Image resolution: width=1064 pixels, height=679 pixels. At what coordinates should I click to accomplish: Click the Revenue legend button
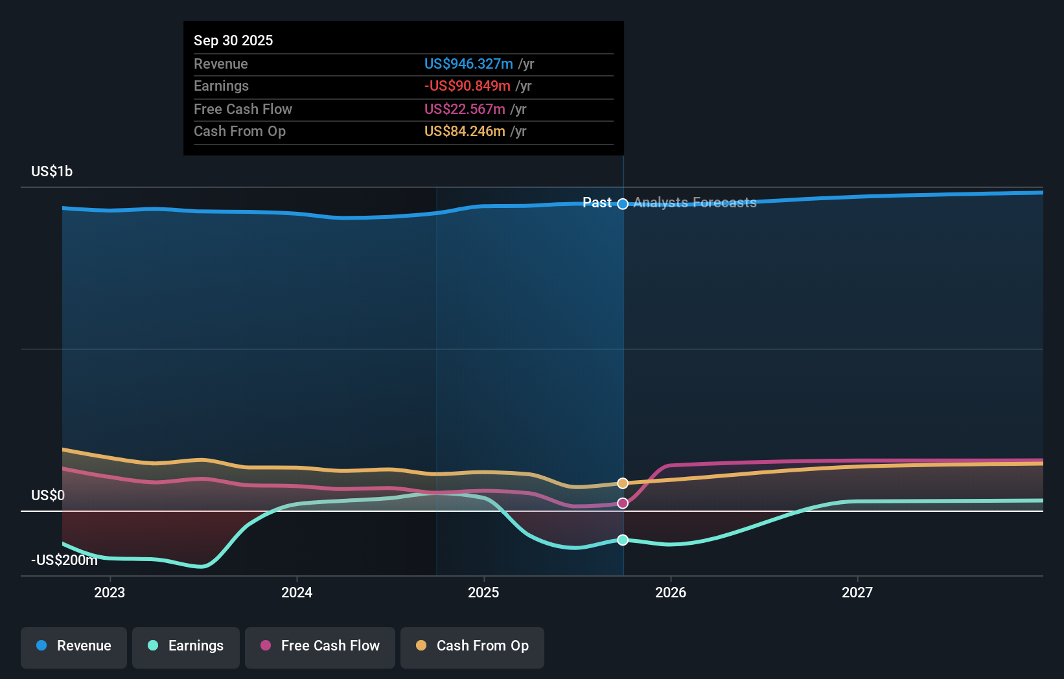pyautogui.click(x=74, y=648)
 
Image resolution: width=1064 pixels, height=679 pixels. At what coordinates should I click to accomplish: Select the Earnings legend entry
pyautogui.click(x=186, y=648)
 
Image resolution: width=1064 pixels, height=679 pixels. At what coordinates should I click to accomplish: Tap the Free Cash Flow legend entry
pyautogui.click(x=319, y=648)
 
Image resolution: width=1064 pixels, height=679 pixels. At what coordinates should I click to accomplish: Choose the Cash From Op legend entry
pyautogui.click(x=472, y=648)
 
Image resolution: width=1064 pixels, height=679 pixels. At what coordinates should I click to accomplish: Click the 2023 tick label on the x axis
pyautogui.click(x=110, y=592)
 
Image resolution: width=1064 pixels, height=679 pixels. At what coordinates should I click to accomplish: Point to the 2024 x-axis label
pyautogui.click(x=297, y=592)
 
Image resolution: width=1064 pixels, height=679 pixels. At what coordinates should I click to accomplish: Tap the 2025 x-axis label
pyautogui.click(x=483, y=592)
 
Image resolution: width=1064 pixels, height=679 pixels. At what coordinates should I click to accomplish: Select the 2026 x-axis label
pyautogui.click(x=671, y=592)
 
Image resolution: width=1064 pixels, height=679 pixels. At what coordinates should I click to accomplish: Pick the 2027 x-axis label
pyautogui.click(x=857, y=592)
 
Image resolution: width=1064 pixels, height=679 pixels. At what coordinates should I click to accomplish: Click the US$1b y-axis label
pyautogui.click(x=52, y=172)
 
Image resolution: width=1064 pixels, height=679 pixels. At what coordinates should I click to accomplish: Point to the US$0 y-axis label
pyautogui.click(x=48, y=495)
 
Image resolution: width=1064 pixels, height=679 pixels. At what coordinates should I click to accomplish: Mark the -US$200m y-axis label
pyautogui.click(x=65, y=560)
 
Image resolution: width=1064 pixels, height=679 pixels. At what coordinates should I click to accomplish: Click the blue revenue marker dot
pyautogui.click(x=623, y=203)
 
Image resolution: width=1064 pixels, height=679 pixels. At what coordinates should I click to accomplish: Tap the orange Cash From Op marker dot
pyautogui.click(x=623, y=483)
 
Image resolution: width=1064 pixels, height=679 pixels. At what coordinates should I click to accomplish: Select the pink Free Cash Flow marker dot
pyautogui.click(x=623, y=503)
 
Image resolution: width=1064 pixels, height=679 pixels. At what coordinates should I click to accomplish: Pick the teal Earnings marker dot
pyautogui.click(x=623, y=540)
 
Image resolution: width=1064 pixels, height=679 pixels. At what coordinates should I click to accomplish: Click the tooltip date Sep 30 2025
pyautogui.click(x=233, y=40)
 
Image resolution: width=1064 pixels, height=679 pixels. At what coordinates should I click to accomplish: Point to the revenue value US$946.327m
pyautogui.click(x=468, y=63)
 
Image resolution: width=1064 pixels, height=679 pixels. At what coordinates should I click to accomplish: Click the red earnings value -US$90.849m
pyautogui.click(x=467, y=86)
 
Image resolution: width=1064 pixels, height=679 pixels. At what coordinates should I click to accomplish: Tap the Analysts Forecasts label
pyautogui.click(x=695, y=203)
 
